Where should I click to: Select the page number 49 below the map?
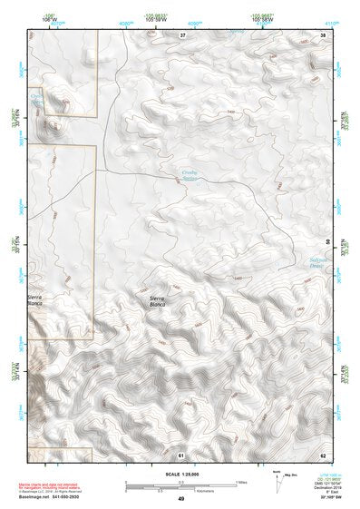pos(181,500)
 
